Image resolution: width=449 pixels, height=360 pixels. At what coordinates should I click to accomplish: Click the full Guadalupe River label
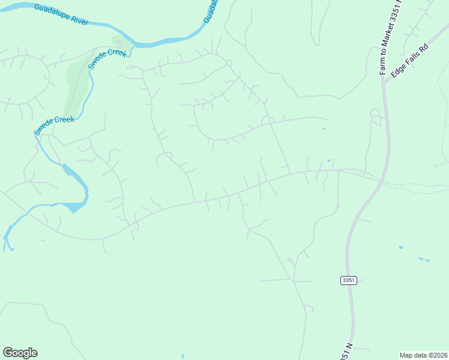(61, 14)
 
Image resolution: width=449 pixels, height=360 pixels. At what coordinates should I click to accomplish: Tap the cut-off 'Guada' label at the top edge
(208, 11)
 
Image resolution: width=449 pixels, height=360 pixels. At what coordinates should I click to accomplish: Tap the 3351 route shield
(348, 280)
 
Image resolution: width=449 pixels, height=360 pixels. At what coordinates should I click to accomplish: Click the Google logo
(20, 353)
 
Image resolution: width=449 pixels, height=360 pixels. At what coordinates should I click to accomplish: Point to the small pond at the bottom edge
(182, 356)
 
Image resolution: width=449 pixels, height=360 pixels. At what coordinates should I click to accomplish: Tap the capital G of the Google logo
(8, 352)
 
